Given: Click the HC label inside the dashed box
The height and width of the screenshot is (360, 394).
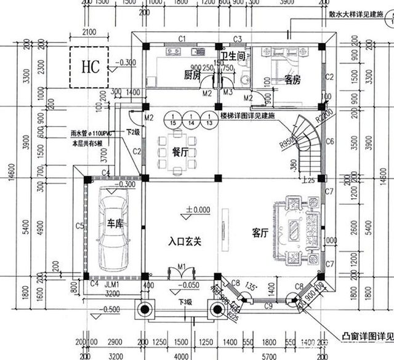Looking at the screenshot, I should click(88, 65).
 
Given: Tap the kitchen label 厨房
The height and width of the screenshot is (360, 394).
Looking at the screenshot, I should click(193, 75).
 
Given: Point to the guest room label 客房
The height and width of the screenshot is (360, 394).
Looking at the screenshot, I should click(292, 80).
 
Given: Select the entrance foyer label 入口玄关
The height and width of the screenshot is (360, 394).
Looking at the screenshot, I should click(185, 242).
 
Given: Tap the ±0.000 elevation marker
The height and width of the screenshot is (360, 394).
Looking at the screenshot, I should click(197, 210).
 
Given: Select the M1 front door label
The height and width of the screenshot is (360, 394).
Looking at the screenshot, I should click(182, 266).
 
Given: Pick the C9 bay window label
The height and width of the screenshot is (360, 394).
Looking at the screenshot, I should click(268, 305).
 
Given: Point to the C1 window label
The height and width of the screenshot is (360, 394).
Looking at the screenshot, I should click(182, 39).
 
